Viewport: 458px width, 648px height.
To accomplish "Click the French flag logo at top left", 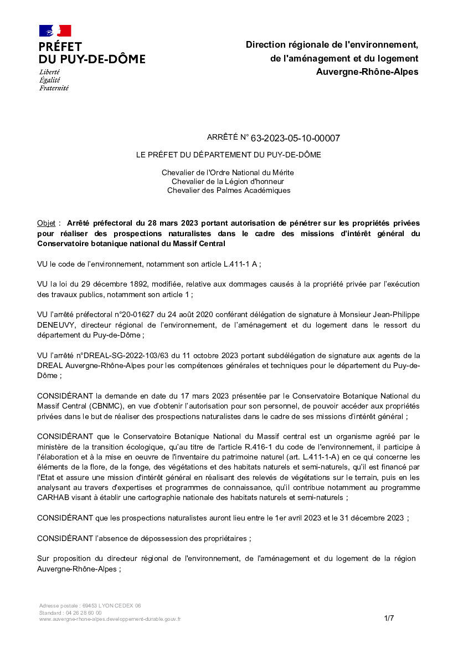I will coord(55,31).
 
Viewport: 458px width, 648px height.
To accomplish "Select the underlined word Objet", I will coord(46,223).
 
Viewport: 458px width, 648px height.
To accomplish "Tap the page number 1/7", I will coord(389,618).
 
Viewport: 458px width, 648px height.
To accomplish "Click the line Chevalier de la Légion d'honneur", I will coord(228,181).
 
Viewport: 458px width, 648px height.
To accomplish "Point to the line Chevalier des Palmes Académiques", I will coord(228,190).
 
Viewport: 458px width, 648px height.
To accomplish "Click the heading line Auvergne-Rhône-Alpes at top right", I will coord(367,72).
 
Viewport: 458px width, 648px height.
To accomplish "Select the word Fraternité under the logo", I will coord(54,88).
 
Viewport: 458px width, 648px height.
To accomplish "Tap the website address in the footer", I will coord(110,619).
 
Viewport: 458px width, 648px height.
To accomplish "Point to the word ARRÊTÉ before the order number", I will coord(220,137).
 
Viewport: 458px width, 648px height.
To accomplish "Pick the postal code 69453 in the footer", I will coord(91,606).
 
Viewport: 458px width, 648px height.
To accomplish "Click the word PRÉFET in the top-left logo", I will coord(60,47).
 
